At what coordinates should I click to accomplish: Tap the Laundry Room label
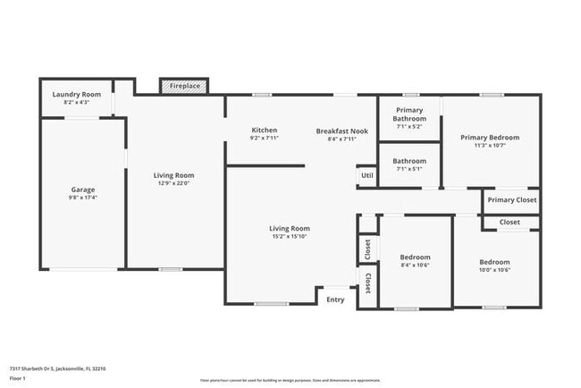[76, 94]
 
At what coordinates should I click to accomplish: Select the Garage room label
[83, 190]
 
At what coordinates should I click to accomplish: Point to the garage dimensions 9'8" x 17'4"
[83, 198]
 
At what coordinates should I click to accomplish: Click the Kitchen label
[264, 131]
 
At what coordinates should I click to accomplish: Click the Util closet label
[366, 175]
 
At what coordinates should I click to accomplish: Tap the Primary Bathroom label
[409, 114]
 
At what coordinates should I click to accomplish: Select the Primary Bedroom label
[490, 138]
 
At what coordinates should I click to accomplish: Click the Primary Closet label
[512, 200]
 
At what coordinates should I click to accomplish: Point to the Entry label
[335, 299]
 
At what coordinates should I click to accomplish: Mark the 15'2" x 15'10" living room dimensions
[290, 237]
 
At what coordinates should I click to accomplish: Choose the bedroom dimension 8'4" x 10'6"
[415, 266]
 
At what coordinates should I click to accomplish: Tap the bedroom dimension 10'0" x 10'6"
[494, 270]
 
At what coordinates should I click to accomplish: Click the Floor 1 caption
[18, 378]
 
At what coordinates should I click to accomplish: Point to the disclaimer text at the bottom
[290, 380]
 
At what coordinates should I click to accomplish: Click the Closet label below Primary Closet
[509, 222]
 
